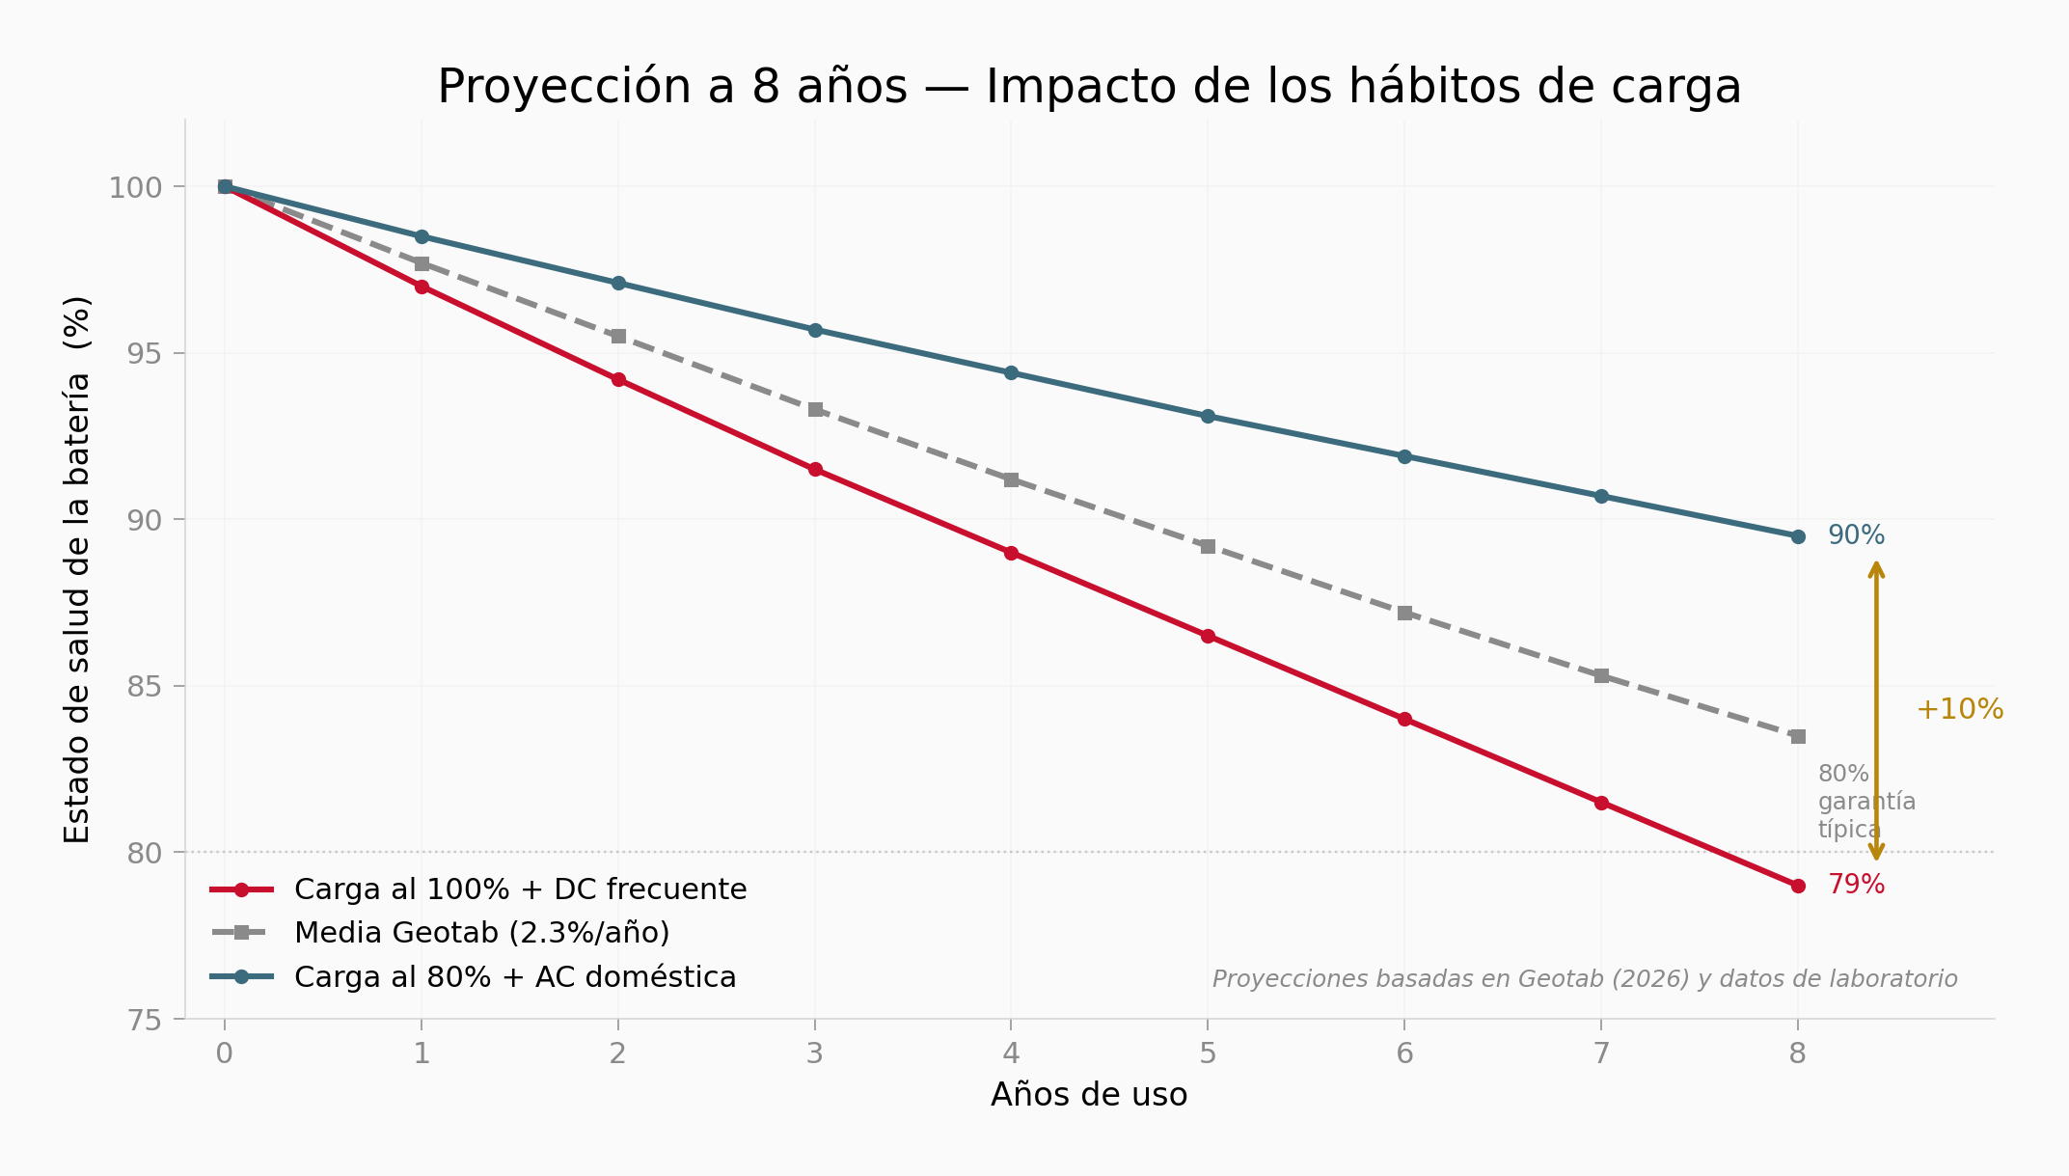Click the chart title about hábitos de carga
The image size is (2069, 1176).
tap(1089, 87)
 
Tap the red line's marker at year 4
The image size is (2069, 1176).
tap(1011, 553)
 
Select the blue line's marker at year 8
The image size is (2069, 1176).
tap(1798, 536)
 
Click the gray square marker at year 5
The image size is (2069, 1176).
tap(1208, 546)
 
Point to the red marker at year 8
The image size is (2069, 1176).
tap(1798, 886)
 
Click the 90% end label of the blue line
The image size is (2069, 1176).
tap(1856, 535)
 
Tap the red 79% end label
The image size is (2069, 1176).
tap(1856, 885)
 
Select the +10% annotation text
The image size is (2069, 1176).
tap(1959, 710)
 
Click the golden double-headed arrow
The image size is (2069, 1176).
tap(1876, 710)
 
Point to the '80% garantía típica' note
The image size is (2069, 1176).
tap(1865, 802)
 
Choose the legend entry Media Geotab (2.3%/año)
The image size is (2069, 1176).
tap(481, 933)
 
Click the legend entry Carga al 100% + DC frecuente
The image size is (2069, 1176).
tap(520, 889)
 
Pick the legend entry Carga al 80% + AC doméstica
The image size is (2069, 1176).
tap(515, 977)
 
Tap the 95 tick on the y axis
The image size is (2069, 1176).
tap(147, 353)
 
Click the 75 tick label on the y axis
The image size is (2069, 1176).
tap(147, 1021)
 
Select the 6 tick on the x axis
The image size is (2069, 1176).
tap(1404, 1053)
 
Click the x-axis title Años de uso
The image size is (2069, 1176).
tap(1089, 1095)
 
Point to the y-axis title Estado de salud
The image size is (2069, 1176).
tap(77, 569)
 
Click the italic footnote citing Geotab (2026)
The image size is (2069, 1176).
tap(1584, 979)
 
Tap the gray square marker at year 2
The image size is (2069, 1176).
tap(618, 336)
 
